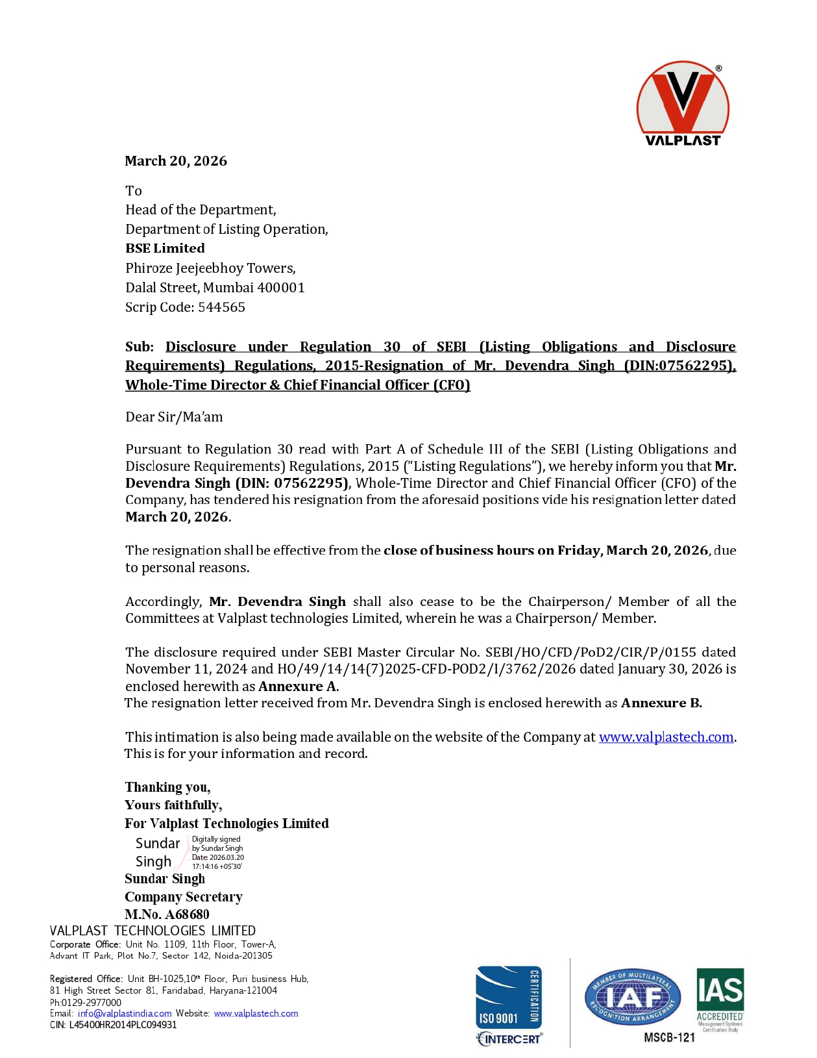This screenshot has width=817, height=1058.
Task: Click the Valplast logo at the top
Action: tap(682, 104)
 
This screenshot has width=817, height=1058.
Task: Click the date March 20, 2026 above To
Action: tap(176, 161)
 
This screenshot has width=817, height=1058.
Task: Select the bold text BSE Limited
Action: tap(165, 248)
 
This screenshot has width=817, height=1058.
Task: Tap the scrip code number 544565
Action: tap(221, 307)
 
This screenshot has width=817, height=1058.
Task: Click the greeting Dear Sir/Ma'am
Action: tap(174, 417)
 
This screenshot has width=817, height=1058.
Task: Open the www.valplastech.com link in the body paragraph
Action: tap(666, 737)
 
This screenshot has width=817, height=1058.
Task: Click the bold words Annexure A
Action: tap(298, 686)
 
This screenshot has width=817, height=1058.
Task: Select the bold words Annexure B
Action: tap(661, 703)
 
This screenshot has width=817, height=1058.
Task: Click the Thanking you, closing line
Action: tap(167, 788)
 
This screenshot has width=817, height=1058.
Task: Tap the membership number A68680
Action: tap(187, 914)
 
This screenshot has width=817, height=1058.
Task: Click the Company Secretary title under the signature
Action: tap(184, 897)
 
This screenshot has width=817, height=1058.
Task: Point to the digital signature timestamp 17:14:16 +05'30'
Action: tap(217, 866)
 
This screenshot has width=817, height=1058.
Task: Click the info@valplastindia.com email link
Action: tap(125, 1013)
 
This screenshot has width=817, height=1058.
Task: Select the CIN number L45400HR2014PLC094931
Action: tap(123, 1025)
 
